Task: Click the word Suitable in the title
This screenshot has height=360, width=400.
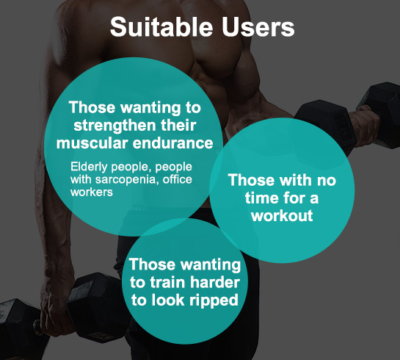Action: [x=161, y=26]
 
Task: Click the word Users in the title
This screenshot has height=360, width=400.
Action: [x=258, y=26]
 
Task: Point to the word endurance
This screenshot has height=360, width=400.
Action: [x=173, y=143]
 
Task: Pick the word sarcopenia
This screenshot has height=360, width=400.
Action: [x=122, y=180]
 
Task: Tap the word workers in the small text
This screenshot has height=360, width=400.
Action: [x=92, y=192]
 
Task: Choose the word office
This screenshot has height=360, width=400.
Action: [x=178, y=179]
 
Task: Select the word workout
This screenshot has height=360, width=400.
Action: [x=282, y=216]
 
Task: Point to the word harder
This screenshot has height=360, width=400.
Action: [x=215, y=283]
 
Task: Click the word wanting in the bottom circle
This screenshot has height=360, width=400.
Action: [x=211, y=264]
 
